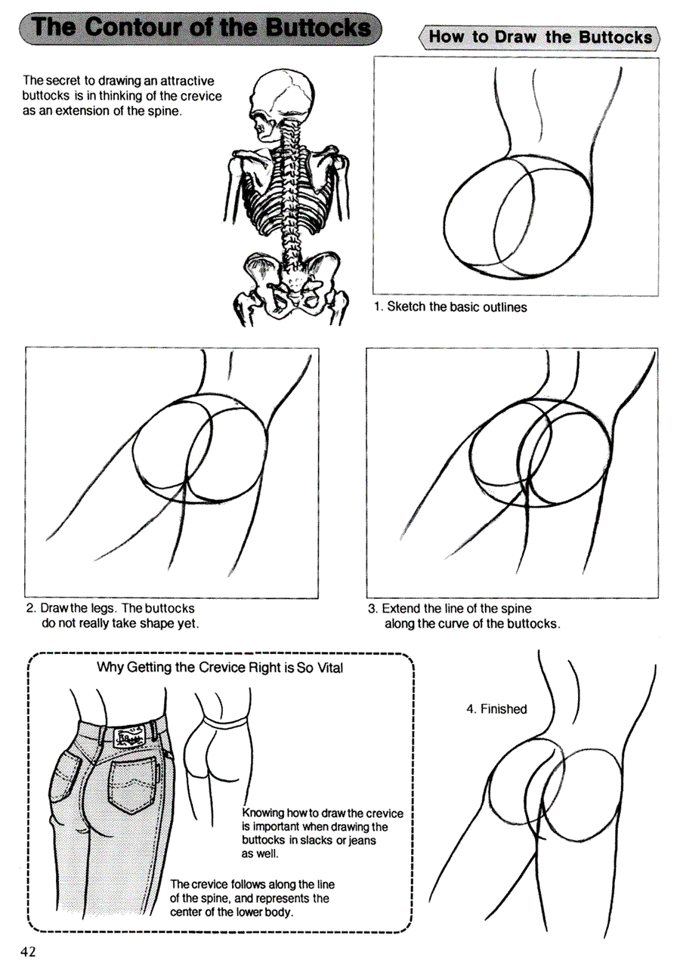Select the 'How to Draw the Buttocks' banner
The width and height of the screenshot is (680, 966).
tap(539, 37)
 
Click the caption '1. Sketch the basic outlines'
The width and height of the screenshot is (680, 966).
tap(451, 307)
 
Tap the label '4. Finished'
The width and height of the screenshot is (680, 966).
tap(496, 709)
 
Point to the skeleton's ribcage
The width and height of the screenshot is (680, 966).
tap(286, 193)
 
